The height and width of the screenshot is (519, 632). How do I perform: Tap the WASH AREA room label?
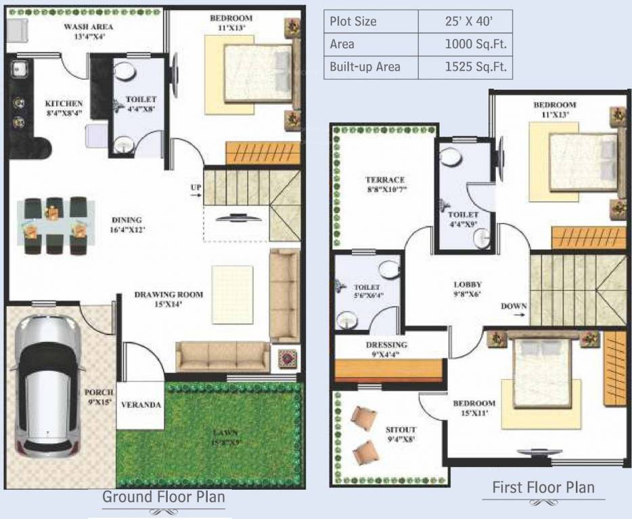pos(88,27)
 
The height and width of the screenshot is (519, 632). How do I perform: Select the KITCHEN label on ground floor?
pos(64,103)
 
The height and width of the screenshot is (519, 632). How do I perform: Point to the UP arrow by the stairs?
pos(195,191)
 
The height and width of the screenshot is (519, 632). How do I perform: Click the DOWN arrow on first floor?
pos(514,307)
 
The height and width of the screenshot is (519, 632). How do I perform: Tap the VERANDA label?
pos(141,405)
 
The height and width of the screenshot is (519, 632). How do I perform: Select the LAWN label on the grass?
pos(227,433)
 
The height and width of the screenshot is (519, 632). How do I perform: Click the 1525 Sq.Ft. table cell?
pos(466,66)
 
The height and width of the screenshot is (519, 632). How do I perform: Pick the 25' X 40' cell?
pos(466,20)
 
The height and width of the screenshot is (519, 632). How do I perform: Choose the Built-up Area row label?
pos(365,66)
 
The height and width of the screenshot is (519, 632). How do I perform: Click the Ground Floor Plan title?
pos(163,497)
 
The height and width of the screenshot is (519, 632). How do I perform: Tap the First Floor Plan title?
pos(543,487)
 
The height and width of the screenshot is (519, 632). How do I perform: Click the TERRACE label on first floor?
pos(385,180)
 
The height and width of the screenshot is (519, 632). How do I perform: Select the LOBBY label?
pos(468,285)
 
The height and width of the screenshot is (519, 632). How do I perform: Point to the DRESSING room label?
pos(386,345)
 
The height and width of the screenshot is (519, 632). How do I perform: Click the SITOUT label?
pos(401,430)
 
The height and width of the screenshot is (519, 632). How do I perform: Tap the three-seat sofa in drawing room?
pos(223,356)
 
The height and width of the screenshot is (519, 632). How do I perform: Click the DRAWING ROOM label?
pos(168,295)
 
